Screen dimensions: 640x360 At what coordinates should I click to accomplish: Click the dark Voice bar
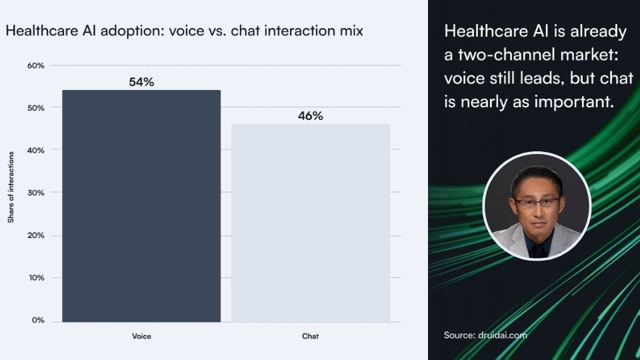pyautogui.click(x=141, y=206)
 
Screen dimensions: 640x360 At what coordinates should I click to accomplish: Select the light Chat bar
pyautogui.click(x=311, y=223)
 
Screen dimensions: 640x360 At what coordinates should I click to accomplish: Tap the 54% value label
pyautogui.click(x=141, y=82)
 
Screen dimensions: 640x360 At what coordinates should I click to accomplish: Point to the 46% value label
pyautogui.click(x=311, y=116)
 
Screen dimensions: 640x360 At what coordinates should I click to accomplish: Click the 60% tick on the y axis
pyautogui.click(x=36, y=66)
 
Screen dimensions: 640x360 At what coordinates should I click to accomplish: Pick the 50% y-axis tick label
pyautogui.click(x=36, y=108)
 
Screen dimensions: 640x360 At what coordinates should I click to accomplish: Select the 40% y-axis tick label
pyautogui.click(x=36, y=151)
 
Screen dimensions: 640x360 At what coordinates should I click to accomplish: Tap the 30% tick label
pyautogui.click(x=36, y=193)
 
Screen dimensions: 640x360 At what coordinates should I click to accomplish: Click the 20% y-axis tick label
pyautogui.click(x=36, y=235)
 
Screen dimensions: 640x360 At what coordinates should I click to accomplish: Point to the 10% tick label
pyautogui.click(x=36, y=278)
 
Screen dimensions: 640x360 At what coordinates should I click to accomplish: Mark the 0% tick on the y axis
pyautogui.click(x=38, y=321)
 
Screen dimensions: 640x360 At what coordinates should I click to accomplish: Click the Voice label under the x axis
pyautogui.click(x=141, y=336)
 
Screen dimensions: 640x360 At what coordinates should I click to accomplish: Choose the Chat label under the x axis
pyautogui.click(x=310, y=336)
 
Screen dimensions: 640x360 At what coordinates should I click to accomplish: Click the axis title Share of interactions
pyautogui.click(x=11, y=187)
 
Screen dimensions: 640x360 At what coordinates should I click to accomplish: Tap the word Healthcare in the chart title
pyautogui.click(x=42, y=31)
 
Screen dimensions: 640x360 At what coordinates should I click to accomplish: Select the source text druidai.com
pyautogui.click(x=503, y=335)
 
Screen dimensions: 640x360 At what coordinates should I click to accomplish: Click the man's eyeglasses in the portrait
pyautogui.click(x=537, y=202)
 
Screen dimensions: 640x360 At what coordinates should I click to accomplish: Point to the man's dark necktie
pyautogui.click(x=537, y=249)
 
